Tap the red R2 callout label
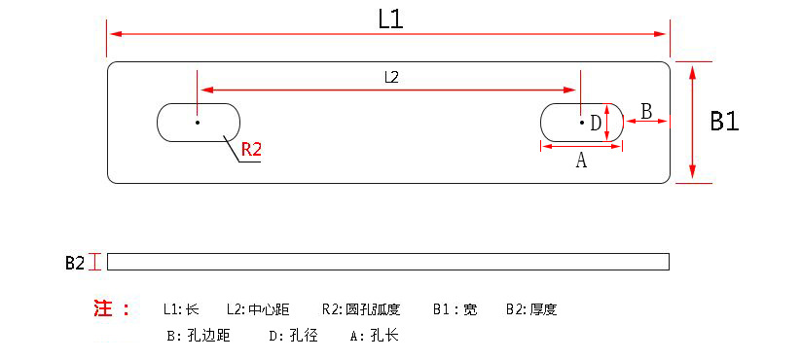pyautogui.click(x=252, y=150)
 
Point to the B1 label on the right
pyautogui.click(x=724, y=122)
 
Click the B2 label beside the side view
pyautogui.click(x=75, y=262)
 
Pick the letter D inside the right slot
pyautogui.click(x=596, y=123)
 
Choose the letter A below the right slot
pyautogui.click(x=581, y=162)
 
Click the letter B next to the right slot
pyautogui.click(x=646, y=110)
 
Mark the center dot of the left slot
pyautogui.click(x=197, y=123)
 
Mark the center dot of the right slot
pyautogui.click(x=582, y=123)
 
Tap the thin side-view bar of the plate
pyautogui.click(x=388, y=262)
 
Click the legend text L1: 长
pyautogui.click(x=181, y=310)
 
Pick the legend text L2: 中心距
pyautogui.click(x=258, y=310)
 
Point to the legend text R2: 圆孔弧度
pyautogui.click(x=360, y=310)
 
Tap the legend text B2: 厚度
pyautogui.click(x=531, y=310)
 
